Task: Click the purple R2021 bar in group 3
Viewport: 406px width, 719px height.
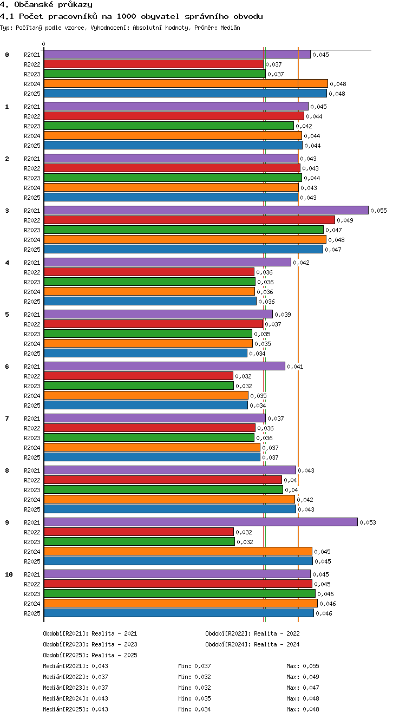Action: [x=206, y=210]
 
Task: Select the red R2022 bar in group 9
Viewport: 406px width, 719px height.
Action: [x=139, y=532]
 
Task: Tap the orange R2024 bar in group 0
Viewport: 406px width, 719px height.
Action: [x=186, y=84]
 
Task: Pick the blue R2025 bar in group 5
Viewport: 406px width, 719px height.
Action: [x=146, y=354]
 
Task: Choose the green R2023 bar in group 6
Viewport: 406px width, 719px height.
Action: [x=139, y=386]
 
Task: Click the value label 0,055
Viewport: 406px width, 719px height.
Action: [x=379, y=211]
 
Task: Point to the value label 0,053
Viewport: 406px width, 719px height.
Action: [x=368, y=522]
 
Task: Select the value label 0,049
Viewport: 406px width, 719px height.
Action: [x=345, y=220]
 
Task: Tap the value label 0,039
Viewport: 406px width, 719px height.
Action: [x=283, y=315]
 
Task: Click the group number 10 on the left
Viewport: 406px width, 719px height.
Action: [x=9, y=574]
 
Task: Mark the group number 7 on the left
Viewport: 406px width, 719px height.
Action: [x=7, y=419]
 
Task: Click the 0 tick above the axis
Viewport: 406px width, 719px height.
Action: [x=44, y=44]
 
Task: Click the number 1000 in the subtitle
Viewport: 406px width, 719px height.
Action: [x=126, y=16]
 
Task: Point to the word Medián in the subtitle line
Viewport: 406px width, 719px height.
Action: [x=230, y=28]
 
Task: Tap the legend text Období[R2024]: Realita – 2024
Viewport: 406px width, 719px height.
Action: [x=252, y=644]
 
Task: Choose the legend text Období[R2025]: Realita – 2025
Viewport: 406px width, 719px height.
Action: [x=90, y=655]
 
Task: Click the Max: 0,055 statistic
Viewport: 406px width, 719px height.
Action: [x=303, y=666]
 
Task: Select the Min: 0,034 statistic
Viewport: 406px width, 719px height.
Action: [x=194, y=709]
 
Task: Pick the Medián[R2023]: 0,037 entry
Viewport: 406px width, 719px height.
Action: [x=75, y=688]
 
